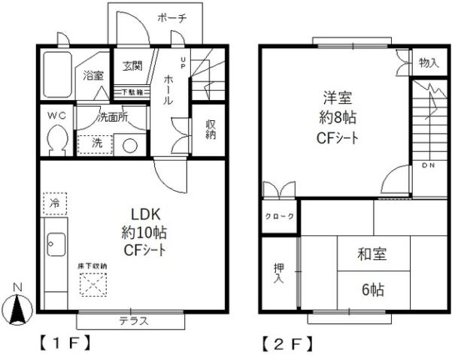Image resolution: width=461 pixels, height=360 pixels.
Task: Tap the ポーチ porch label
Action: (171, 19)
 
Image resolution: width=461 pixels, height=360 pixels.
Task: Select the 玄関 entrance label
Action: (132, 66)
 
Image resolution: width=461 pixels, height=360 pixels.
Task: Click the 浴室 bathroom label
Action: (93, 75)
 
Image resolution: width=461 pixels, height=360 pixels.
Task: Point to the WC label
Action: (56, 116)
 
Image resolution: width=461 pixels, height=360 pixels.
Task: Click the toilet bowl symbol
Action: (56, 140)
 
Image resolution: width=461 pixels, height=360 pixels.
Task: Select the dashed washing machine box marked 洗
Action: (95, 143)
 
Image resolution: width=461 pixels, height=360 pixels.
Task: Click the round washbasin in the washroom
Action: (131, 145)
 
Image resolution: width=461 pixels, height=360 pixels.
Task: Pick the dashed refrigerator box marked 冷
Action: (55, 203)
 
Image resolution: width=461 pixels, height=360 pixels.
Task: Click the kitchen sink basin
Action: (56, 244)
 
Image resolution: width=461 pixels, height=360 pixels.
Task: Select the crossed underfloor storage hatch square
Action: (93, 284)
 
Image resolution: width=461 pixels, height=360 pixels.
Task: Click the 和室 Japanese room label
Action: (371, 254)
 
